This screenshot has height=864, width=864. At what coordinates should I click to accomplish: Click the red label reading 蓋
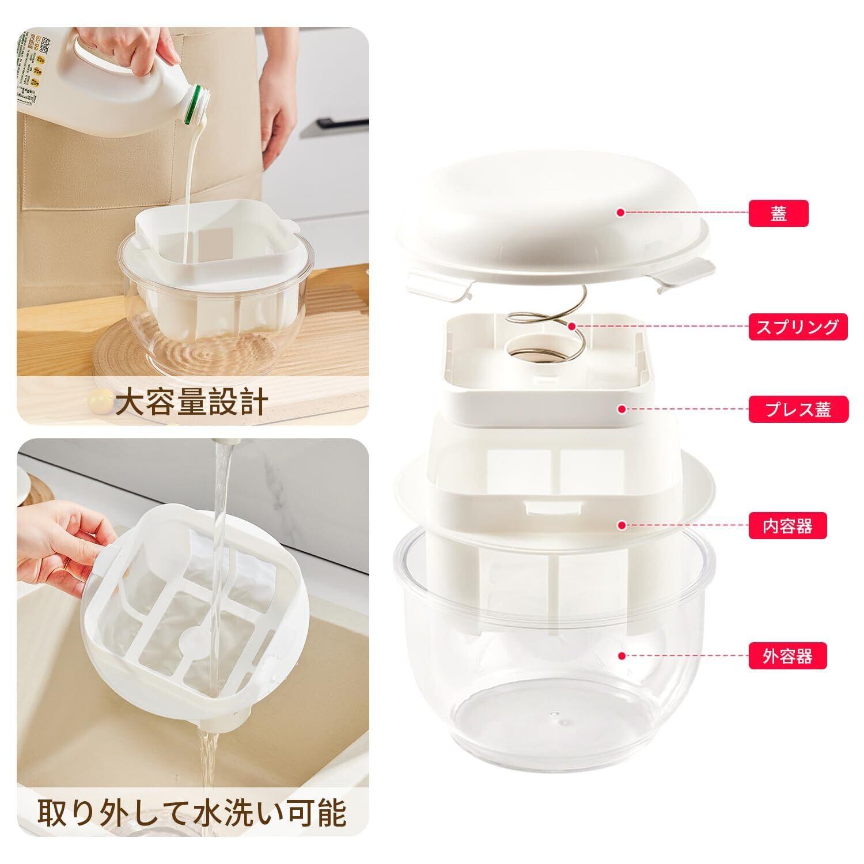click(x=779, y=213)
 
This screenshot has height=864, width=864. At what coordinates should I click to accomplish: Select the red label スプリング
click(x=798, y=327)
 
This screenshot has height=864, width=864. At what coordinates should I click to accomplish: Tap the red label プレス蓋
click(x=798, y=410)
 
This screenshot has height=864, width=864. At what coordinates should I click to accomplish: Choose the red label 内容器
click(x=787, y=526)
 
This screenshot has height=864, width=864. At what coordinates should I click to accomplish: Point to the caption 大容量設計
click(x=191, y=403)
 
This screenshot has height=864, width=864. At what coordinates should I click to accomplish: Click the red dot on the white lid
click(x=620, y=213)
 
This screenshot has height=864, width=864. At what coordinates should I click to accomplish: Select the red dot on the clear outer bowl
click(x=620, y=655)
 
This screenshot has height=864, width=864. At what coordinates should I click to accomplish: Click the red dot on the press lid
click(x=621, y=409)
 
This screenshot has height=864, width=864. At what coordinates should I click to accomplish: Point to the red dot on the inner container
click(x=621, y=525)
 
